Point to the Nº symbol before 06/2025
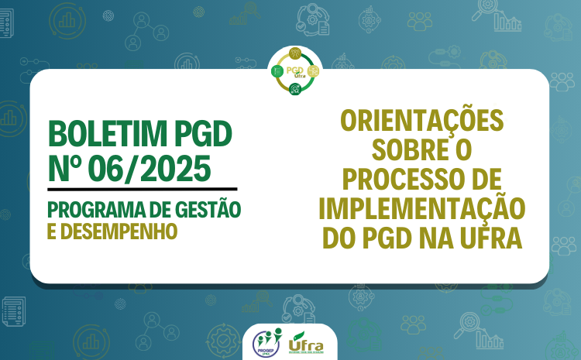coord(65,166)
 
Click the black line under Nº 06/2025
coord(142,188)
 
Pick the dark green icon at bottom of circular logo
coord(294,90)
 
